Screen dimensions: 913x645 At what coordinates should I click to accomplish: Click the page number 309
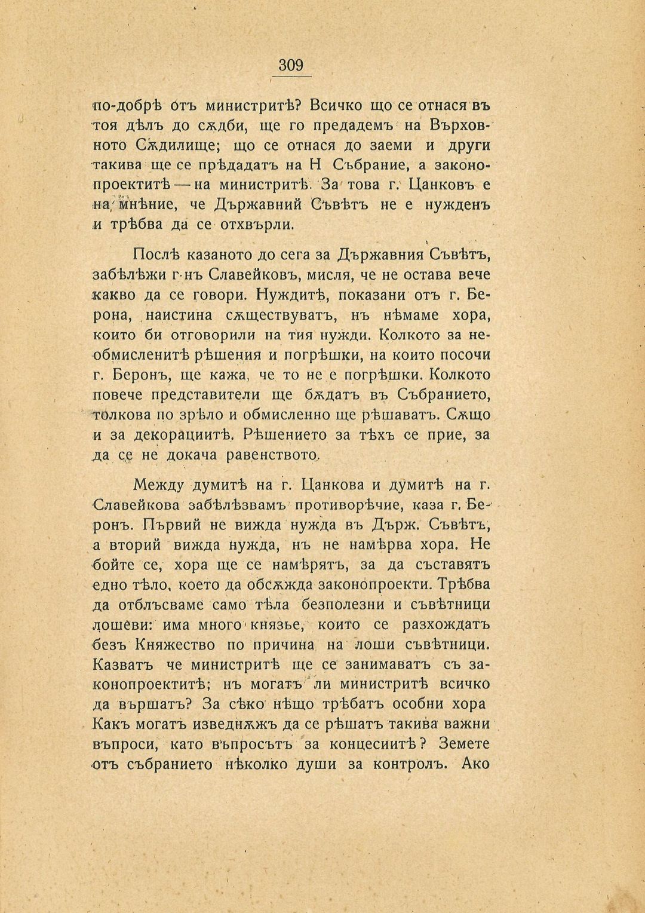(x=291, y=65)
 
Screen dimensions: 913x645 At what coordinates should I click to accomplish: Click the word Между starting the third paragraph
(x=158, y=485)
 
